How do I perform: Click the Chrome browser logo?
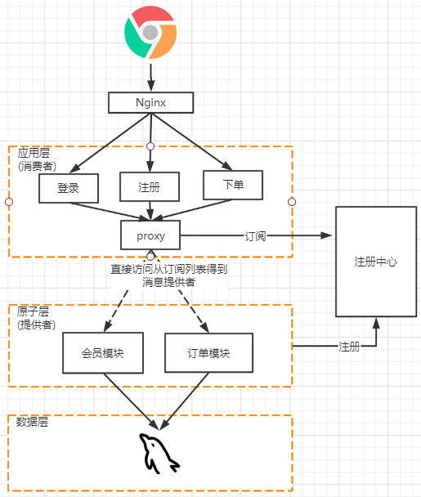[150, 32]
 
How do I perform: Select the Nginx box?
[151, 102]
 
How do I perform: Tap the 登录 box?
[69, 188]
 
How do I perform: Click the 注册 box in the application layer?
[149, 187]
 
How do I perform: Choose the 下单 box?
[233, 186]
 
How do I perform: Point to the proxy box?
[150, 235]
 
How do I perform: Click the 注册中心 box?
[376, 262]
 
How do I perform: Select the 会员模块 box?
[102, 354]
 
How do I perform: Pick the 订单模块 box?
[208, 354]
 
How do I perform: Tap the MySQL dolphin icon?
[158, 454]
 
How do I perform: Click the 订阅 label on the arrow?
[256, 235]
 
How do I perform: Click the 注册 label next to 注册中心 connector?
[349, 347]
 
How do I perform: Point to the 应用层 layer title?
[33, 153]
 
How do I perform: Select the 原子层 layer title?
[33, 312]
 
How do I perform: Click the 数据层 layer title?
[33, 422]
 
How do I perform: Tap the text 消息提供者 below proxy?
[169, 282]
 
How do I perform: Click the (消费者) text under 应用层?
[38, 165]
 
